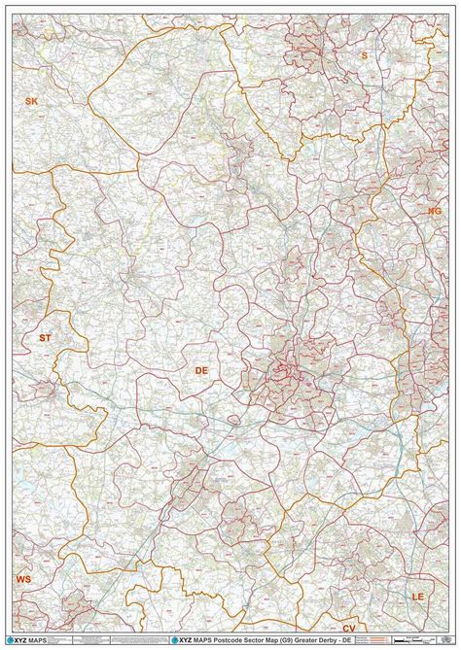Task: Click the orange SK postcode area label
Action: pos(31,101)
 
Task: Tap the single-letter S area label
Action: pos(365,56)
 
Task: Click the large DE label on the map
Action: pos(202,371)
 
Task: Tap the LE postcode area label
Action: pos(418,594)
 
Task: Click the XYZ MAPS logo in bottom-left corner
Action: pos(30,640)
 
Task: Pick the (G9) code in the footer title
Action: pos(261,641)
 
